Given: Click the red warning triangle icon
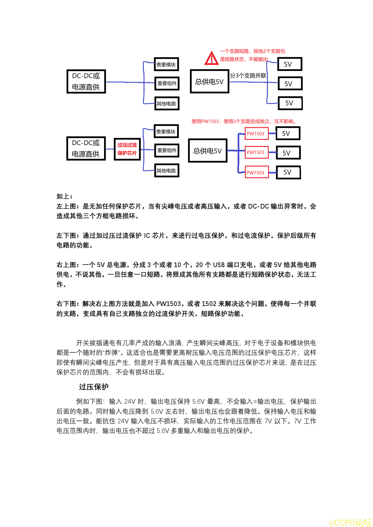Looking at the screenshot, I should click(212, 59).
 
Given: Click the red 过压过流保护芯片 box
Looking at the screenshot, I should click(127, 149).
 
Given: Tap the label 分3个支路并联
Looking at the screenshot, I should click(248, 76).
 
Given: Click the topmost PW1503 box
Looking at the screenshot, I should click(256, 134).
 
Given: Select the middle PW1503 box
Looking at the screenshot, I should click(256, 152).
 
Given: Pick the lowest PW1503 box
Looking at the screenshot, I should click(256, 172).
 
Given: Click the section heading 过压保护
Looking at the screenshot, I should click(93, 387).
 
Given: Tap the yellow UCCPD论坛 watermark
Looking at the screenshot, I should click(350, 522).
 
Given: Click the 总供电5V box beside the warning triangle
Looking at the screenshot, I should click(209, 82).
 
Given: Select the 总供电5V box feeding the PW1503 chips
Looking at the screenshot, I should click(208, 151).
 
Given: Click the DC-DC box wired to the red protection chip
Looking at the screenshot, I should click(86, 148).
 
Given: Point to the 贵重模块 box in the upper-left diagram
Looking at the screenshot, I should click(166, 64).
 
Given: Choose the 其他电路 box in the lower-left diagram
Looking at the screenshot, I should click(166, 171).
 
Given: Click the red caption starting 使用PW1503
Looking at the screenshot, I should click(244, 121).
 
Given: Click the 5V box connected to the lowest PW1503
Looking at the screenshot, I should click(288, 172).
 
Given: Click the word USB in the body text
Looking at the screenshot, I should click(219, 265).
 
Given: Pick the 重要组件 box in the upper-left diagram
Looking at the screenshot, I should click(167, 83).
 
